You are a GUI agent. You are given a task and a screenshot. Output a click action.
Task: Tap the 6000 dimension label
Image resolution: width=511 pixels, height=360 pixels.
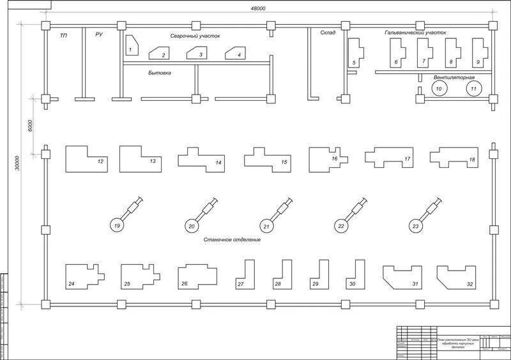coord(30,124)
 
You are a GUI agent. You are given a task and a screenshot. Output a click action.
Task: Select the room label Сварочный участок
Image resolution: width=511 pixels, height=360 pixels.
coord(195,36)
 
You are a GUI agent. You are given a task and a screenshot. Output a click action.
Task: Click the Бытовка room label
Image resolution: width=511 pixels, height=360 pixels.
coord(159,73)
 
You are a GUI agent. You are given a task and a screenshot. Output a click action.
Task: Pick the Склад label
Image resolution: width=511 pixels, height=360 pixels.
coord(328,32)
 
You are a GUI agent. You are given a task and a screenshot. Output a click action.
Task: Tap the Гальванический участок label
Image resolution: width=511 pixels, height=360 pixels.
coord(415,32)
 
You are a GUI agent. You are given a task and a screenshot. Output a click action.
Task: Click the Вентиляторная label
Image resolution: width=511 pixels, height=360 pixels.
coord(454,77)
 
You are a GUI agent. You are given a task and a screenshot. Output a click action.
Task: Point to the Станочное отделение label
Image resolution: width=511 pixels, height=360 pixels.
coord(232,240)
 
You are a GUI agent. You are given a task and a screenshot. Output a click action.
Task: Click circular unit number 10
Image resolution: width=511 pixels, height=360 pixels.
coord(439,89)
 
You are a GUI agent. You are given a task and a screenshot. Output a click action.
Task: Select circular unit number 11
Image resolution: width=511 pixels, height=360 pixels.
coord(473,89)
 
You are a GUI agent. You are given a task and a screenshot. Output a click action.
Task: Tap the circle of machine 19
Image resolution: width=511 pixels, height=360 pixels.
coord(117,225)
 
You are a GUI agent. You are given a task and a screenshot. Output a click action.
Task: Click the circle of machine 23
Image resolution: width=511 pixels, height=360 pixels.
coord(416,225)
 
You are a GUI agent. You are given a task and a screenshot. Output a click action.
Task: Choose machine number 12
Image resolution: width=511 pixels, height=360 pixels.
coord(86,159)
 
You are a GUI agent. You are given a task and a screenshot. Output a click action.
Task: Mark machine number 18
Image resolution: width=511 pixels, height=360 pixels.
coord(454,157)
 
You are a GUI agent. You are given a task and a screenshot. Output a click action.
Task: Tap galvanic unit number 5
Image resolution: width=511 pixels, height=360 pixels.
coord(355,54)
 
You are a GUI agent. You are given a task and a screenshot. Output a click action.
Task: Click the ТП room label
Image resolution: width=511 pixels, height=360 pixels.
coord(63,36)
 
